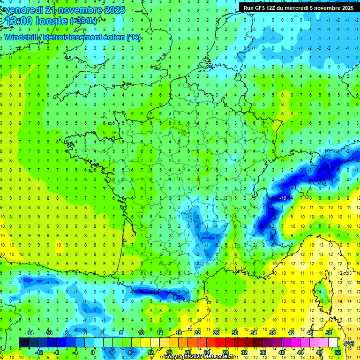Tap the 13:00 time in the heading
coord(21,21)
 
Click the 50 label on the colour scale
coord(329,333)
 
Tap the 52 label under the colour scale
coord(337,352)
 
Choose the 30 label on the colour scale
coord(235,333)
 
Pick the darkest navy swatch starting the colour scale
coord(23,343)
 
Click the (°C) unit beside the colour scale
coord(349,343)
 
